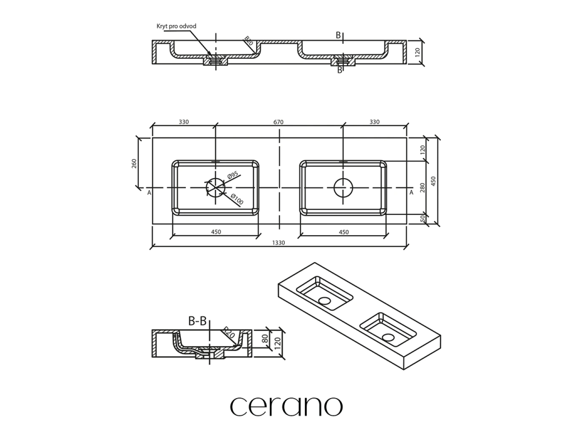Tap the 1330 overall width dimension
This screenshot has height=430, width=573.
click(x=280, y=242)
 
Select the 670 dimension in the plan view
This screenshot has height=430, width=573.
click(x=280, y=121)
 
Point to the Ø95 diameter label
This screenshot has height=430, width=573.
click(x=233, y=175)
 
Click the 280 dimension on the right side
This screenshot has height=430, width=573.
click(x=423, y=188)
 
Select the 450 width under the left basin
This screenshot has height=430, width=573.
click(x=215, y=232)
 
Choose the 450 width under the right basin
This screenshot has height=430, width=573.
click(x=344, y=232)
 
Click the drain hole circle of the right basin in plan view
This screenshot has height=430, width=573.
click(x=342, y=188)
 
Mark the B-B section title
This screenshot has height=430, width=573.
click(x=198, y=321)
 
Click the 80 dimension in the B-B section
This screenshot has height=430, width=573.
click(x=265, y=338)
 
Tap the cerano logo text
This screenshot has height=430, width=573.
click(x=286, y=405)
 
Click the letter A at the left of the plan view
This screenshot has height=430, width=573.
click(x=149, y=193)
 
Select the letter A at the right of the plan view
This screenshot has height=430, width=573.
click(x=412, y=193)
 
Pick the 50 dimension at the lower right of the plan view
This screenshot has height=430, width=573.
click(x=423, y=218)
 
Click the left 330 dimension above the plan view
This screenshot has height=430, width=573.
click(x=184, y=121)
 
